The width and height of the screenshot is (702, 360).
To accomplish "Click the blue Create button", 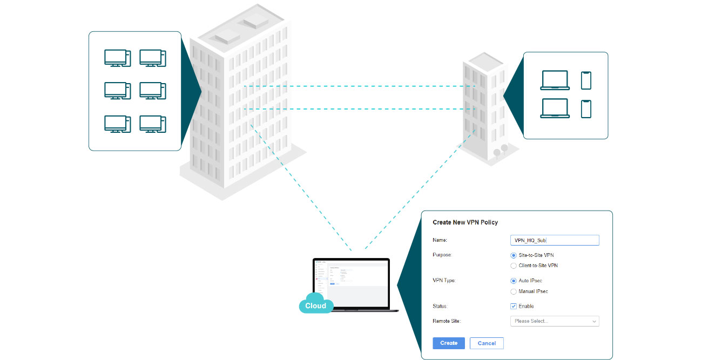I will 448,343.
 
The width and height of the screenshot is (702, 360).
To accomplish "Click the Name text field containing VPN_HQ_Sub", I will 555,241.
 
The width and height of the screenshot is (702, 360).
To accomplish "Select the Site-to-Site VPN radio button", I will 514,255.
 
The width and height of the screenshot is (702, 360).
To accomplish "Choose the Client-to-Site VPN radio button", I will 514,266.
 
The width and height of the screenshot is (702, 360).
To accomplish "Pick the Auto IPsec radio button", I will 514,281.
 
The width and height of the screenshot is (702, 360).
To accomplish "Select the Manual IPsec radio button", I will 514,291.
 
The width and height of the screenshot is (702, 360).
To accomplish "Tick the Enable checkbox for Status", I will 514,306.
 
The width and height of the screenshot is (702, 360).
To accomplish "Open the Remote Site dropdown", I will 555,321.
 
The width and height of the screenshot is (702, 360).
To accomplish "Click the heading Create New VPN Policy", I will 465,222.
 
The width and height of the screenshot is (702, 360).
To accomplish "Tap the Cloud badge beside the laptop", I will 315,305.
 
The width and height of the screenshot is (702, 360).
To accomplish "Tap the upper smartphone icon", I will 586,80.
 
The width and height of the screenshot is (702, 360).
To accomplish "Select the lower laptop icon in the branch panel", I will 555,108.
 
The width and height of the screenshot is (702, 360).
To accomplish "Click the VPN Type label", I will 444,281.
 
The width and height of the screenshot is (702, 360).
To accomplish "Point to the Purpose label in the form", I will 443,255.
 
